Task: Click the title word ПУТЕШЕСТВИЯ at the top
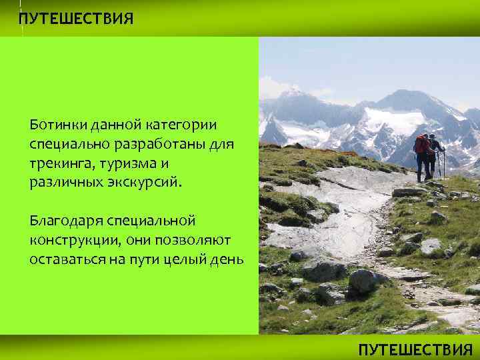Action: [75, 18]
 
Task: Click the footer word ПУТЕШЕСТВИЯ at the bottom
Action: [415, 349]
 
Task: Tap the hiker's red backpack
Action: [421, 145]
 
